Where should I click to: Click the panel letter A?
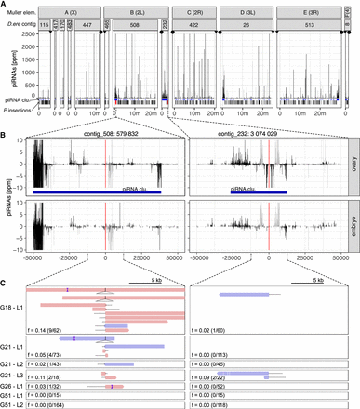(x=5, y=5)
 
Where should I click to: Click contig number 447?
(x=86, y=26)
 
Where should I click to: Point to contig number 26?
(x=252, y=26)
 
